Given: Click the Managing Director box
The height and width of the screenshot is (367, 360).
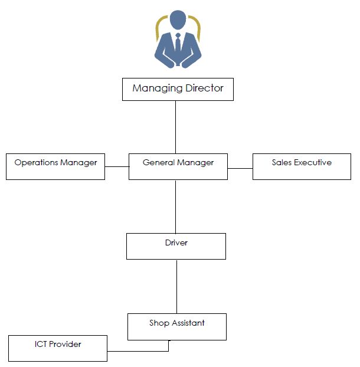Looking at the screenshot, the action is click(x=178, y=90).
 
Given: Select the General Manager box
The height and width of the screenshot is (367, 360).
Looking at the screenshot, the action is click(x=178, y=166).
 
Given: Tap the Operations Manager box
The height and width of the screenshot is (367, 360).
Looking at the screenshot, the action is click(x=55, y=166).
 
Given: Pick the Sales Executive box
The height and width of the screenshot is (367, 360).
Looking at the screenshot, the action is click(x=302, y=166).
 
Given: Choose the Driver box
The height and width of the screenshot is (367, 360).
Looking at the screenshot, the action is click(x=176, y=246).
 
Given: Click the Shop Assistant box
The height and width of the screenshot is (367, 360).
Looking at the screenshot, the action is click(x=177, y=327).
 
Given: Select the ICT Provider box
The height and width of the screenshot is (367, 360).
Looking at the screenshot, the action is click(x=58, y=348).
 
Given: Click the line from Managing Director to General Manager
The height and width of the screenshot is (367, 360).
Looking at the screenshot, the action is click(x=175, y=127).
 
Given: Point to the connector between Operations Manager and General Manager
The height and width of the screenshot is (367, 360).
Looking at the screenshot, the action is click(x=117, y=166).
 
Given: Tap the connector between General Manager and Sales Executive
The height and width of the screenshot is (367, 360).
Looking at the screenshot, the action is click(x=240, y=168).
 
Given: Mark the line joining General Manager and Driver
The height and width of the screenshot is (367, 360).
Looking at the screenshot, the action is click(x=175, y=207).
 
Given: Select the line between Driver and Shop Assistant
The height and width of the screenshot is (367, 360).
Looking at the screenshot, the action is click(x=176, y=287).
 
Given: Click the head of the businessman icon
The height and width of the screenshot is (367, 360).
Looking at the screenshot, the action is click(x=178, y=20).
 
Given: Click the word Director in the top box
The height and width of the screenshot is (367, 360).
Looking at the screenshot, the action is click(x=204, y=89).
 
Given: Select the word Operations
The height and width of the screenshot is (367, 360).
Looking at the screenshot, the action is click(x=36, y=163).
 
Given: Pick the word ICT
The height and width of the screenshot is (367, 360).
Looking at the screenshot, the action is click(x=41, y=344).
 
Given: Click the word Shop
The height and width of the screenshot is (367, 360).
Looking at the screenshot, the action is click(x=159, y=323).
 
